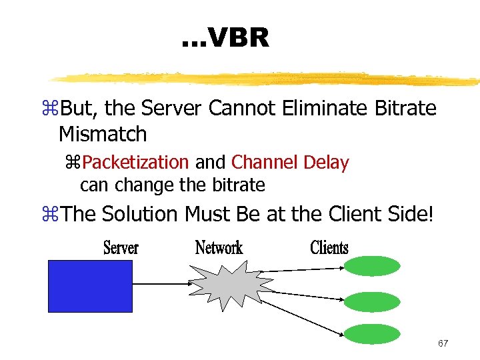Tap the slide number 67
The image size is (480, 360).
pyautogui.click(x=443, y=343)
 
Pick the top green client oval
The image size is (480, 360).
pyautogui.click(x=372, y=266)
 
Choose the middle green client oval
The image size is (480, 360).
pyautogui.click(x=372, y=301)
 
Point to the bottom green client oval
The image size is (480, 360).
pyautogui.click(x=372, y=334)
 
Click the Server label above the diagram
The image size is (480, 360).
pyautogui.click(x=121, y=248)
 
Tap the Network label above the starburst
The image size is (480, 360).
pyautogui.click(x=219, y=248)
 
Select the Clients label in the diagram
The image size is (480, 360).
pyautogui.click(x=329, y=248)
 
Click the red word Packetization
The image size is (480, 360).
pyautogui.click(x=136, y=162)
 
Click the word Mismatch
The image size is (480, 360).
pyautogui.click(x=103, y=134)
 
